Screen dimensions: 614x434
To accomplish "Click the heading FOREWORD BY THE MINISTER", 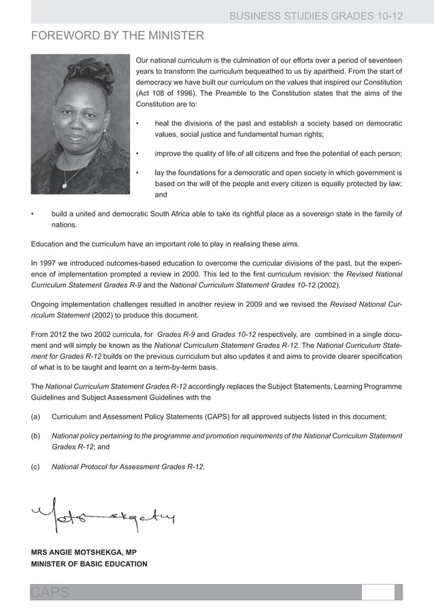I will [x=117, y=35].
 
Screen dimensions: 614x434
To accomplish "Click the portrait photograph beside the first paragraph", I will [x=80, y=123].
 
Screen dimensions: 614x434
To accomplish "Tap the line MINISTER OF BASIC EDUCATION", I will [x=88, y=564].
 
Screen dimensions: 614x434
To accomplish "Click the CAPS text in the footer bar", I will [x=50, y=593].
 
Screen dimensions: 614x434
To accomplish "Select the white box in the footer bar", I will [x=378, y=592].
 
